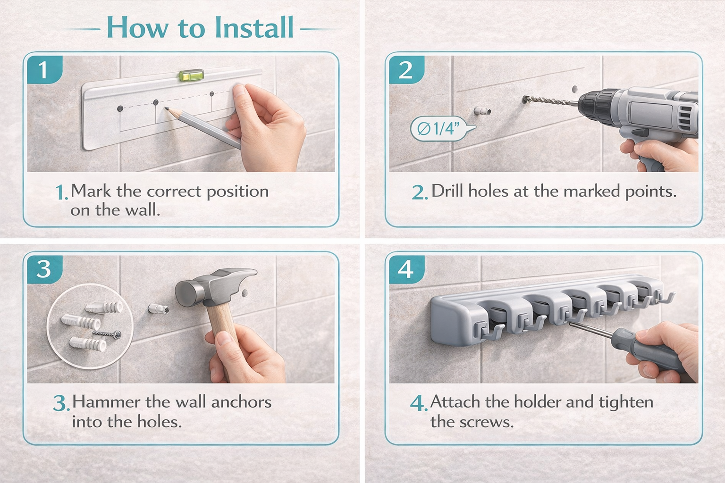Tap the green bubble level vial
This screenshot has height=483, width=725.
click(x=191, y=75)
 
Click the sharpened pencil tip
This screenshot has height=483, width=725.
click(x=166, y=108)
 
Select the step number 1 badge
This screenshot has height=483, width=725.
click(x=44, y=69)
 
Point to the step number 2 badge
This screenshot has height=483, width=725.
click(x=406, y=69)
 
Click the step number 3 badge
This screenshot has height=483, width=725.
click(x=44, y=269)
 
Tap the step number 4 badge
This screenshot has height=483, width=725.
click(x=406, y=269)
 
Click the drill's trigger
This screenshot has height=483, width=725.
click(x=641, y=133)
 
